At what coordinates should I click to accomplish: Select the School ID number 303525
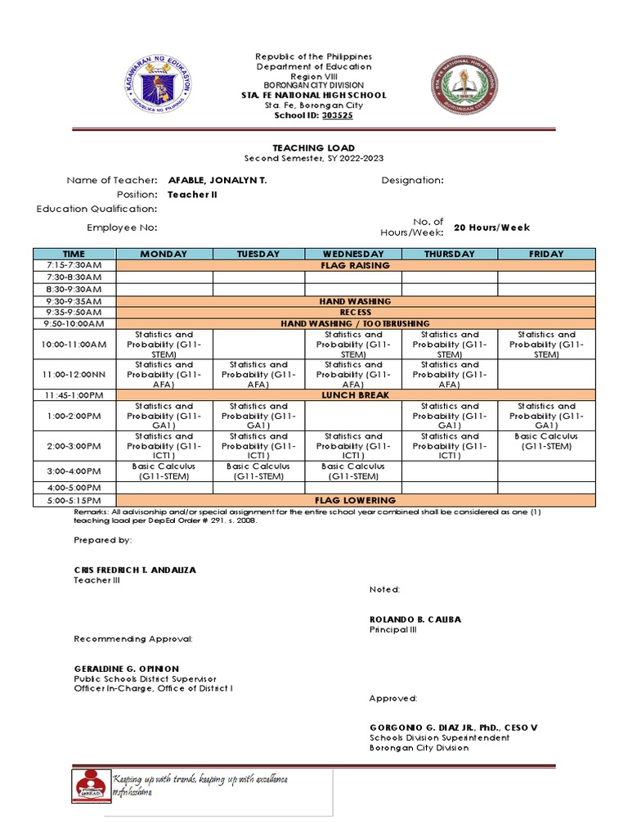click(338, 116)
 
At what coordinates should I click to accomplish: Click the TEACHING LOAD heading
click(314, 147)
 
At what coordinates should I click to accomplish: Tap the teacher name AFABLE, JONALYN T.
click(217, 180)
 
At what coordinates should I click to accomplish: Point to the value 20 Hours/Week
click(491, 228)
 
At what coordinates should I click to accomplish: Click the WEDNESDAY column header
click(353, 254)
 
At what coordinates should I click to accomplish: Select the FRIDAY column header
click(546, 254)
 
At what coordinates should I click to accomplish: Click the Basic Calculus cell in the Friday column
click(546, 441)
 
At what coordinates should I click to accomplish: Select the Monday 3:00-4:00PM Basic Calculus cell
click(164, 471)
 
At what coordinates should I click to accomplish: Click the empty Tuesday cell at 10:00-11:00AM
click(258, 345)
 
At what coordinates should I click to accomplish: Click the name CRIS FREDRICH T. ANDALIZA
click(135, 569)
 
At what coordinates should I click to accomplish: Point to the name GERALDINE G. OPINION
click(126, 669)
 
